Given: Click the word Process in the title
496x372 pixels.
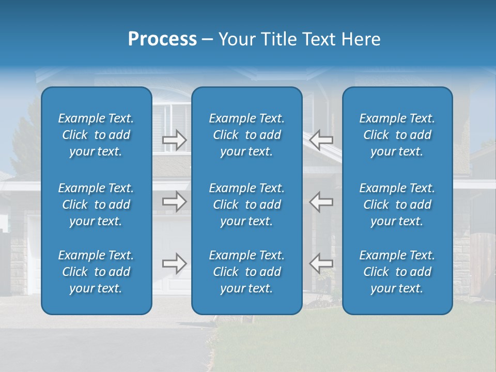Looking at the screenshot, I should (162, 39).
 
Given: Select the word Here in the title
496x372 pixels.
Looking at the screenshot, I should (361, 39).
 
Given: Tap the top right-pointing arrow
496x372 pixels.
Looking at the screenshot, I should (175, 140).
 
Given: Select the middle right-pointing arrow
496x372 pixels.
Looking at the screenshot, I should (175, 202).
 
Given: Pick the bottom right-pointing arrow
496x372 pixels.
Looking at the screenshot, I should (175, 263).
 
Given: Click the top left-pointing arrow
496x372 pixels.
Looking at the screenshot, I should (321, 140).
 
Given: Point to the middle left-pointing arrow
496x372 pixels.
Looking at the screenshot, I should (321, 202).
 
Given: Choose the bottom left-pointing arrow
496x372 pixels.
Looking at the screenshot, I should (321, 263).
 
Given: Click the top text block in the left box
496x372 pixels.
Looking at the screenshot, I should (96, 135).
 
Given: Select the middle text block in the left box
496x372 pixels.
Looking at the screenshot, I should (96, 205).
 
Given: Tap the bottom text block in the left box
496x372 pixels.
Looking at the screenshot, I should (96, 272).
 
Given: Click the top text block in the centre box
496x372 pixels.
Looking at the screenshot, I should (247, 135).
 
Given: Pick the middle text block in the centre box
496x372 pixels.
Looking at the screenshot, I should (247, 205).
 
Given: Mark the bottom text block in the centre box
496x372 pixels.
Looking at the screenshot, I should (247, 272).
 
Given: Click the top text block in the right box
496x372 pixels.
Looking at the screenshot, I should (397, 135).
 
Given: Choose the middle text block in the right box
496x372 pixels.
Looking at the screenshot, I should (397, 205).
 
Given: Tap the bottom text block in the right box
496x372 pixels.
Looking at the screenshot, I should (397, 272).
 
